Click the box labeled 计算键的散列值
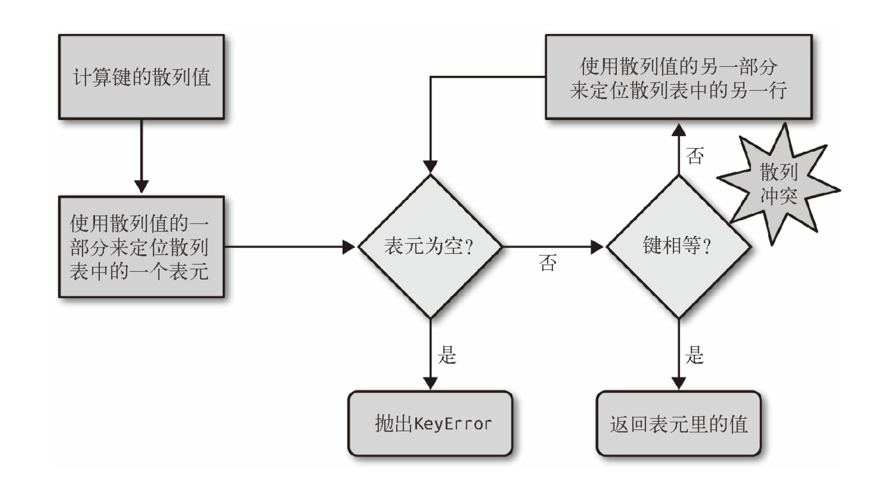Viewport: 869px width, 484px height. click(x=141, y=77)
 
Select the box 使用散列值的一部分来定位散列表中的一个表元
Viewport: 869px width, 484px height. click(x=141, y=247)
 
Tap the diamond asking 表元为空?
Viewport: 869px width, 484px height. click(x=430, y=246)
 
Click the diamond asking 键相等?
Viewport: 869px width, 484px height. click(x=678, y=246)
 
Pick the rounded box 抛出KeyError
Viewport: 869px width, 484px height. click(x=430, y=424)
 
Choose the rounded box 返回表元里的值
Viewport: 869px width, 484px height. click(x=678, y=424)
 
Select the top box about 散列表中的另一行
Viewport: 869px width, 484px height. click(x=678, y=77)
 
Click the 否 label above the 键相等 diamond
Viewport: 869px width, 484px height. click(x=695, y=156)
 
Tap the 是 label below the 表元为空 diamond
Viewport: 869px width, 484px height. click(x=447, y=355)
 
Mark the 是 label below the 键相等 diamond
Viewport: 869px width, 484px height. click(x=694, y=355)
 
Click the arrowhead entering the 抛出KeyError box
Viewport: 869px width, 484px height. click(x=431, y=383)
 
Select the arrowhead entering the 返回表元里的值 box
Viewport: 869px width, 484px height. click(x=678, y=383)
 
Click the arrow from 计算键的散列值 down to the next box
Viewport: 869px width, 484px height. click(x=141, y=155)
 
